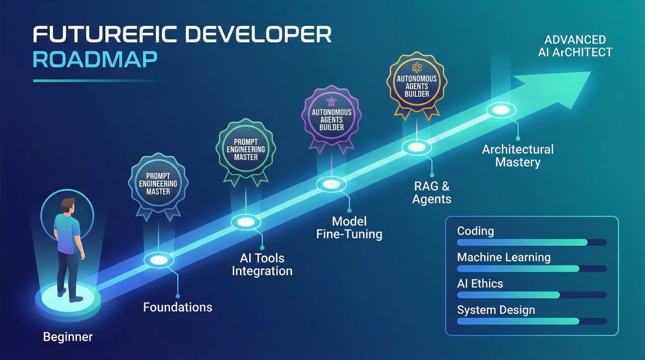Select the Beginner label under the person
pos(68,337)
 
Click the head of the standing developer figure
pos(68,206)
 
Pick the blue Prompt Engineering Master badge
pos(158,184)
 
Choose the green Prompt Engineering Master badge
pos(246,150)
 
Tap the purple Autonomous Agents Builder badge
pos(331,120)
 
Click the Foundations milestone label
pos(178,307)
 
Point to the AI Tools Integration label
pos(262,265)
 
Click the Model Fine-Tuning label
pos(349,228)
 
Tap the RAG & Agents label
pos(432,192)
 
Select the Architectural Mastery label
pos(518,156)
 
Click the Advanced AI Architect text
pos(575,46)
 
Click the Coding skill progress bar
pos(532,242)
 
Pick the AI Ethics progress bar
pos(532,295)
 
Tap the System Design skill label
pos(496,310)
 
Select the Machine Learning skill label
pos(504,257)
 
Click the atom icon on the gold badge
pos(417,67)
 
